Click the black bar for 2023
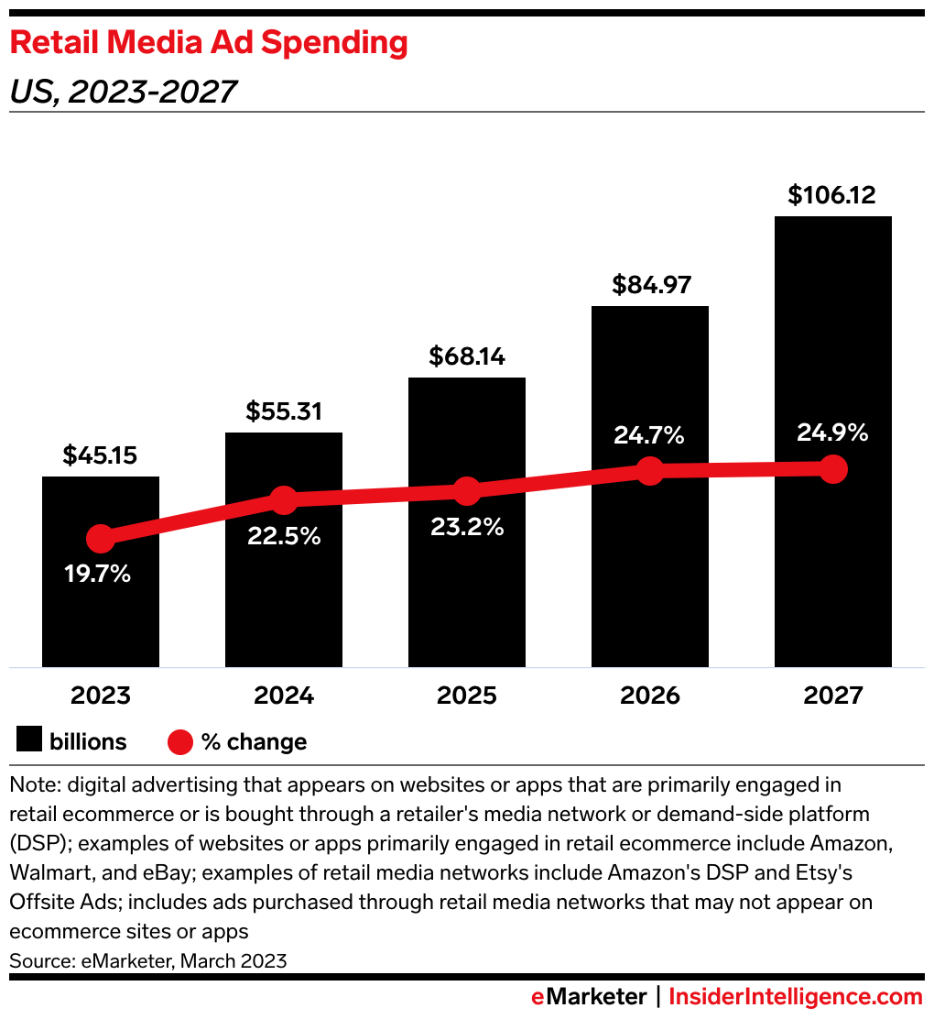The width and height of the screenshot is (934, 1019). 101,605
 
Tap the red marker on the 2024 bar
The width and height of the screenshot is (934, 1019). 284,500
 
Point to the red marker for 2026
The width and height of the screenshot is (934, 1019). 649,471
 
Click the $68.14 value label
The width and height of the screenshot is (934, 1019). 467,356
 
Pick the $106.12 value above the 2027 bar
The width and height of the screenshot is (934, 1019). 832,194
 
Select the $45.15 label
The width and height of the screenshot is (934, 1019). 101,455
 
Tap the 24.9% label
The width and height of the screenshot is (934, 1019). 831,433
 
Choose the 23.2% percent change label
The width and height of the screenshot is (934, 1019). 467,528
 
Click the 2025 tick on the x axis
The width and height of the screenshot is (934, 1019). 467,696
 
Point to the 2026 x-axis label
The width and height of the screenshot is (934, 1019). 649,696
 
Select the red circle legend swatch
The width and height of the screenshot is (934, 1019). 180,741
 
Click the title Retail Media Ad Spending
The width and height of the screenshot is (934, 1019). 208,43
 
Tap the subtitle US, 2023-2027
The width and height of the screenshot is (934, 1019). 123,91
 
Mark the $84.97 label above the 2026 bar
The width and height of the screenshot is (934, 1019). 649,284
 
